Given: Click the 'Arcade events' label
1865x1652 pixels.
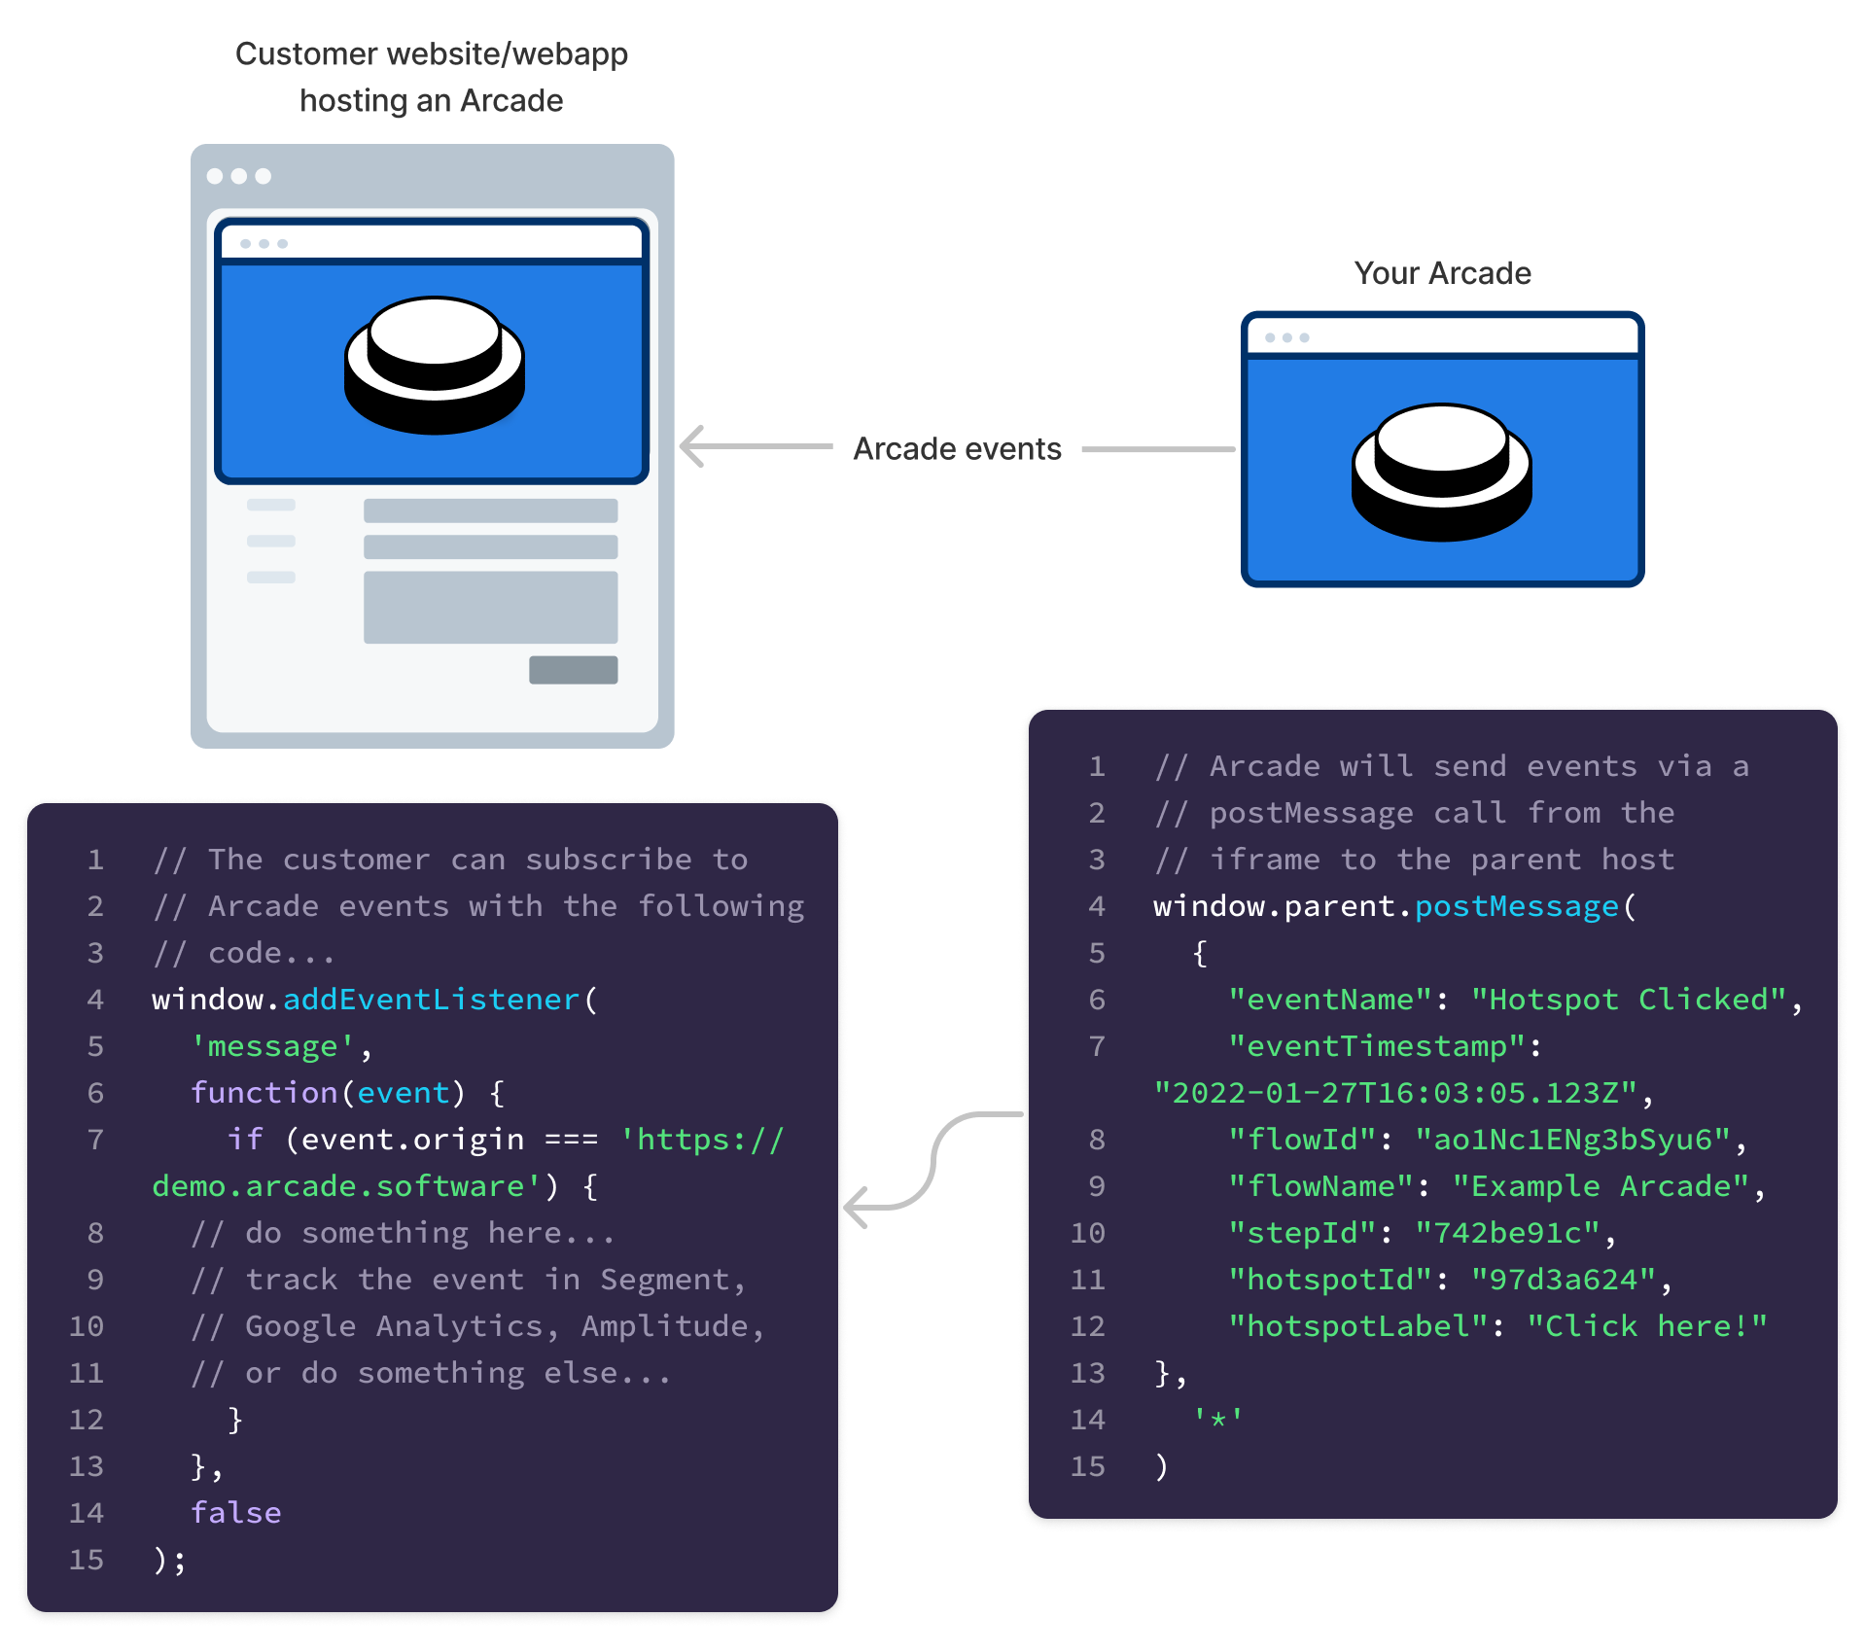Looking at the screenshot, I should click(x=957, y=449).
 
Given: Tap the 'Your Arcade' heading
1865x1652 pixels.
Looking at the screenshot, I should click(x=1442, y=273).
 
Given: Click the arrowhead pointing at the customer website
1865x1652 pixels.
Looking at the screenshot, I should click(x=691, y=447).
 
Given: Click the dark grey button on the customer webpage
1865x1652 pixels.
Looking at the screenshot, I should click(x=573, y=670).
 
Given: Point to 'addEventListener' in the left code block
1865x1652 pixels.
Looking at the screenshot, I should click(x=431, y=1000).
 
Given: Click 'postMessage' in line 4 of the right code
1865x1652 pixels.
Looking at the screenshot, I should click(x=1516, y=906).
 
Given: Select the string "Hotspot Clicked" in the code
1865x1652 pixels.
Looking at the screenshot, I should click(x=1629, y=1000).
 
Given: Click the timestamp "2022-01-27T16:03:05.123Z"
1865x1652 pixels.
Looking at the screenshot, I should click(x=1395, y=1093).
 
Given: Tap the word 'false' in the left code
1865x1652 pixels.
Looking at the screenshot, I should click(x=236, y=1513).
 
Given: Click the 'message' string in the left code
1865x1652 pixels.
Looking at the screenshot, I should click(x=272, y=1046).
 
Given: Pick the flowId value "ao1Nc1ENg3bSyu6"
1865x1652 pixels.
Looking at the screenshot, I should click(x=1572, y=1140).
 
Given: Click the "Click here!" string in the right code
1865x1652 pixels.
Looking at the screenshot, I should click(x=1646, y=1326).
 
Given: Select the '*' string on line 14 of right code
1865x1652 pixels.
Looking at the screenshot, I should click(x=1217, y=1420).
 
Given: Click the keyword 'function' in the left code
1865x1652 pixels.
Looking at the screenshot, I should click(x=264, y=1093).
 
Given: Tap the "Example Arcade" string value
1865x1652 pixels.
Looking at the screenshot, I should click(x=1601, y=1186).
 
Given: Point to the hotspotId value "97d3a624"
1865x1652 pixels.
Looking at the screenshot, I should click(x=1563, y=1280).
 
